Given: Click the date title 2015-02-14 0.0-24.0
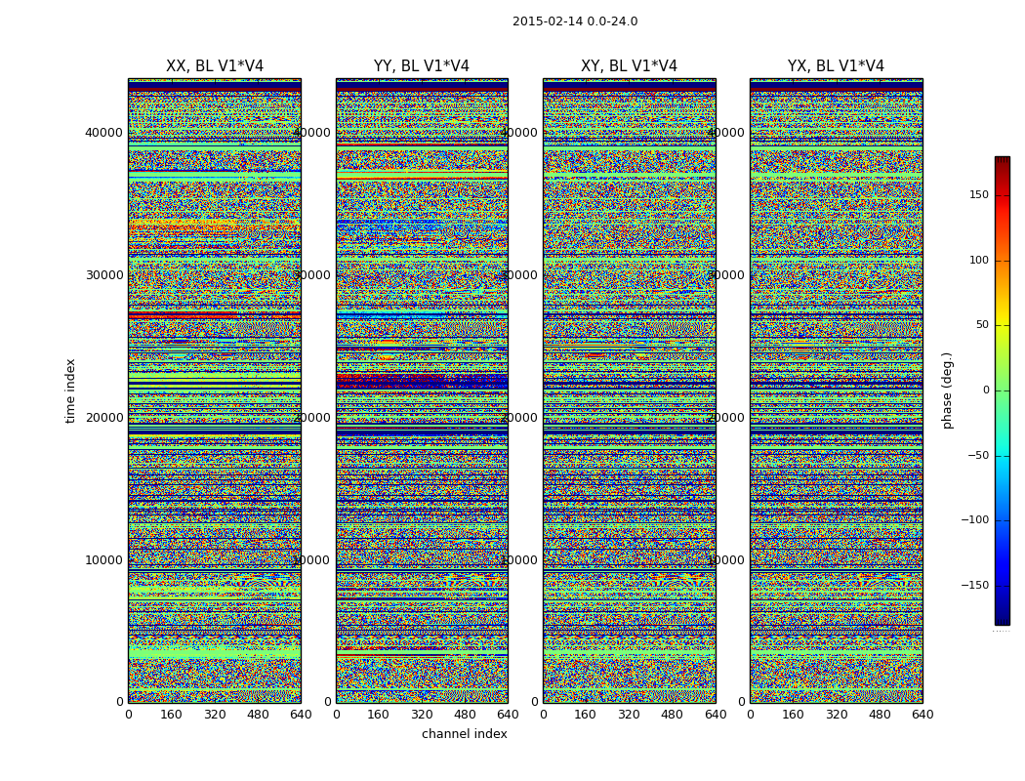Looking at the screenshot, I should (575, 21).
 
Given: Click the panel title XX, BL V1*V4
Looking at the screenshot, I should (215, 66).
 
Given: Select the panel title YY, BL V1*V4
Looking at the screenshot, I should (422, 66).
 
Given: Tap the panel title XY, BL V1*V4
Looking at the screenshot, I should (629, 66).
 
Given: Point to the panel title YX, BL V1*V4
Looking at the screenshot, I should (836, 66).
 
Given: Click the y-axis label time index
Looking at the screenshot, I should (70, 390).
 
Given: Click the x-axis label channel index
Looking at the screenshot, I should (465, 734).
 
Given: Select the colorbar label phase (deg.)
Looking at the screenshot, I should (947, 390).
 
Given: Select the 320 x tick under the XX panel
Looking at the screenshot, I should (215, 715).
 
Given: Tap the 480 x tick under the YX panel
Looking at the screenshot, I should (880, 715).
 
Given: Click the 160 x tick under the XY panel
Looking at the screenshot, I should (586, 715).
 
